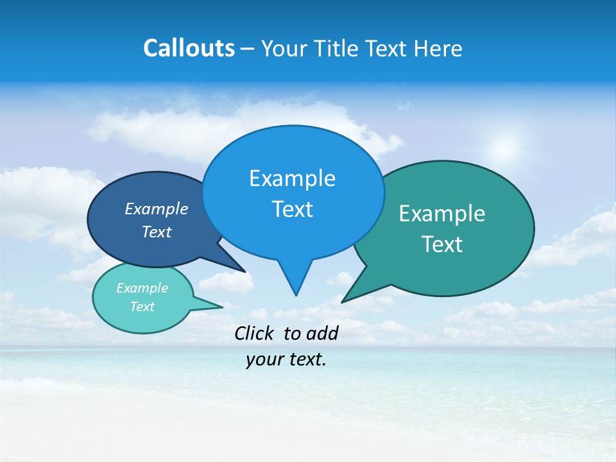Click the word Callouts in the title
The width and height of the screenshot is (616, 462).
(189, 48)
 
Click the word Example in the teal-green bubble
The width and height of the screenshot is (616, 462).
(442, 214)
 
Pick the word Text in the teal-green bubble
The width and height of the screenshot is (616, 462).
(442, 244)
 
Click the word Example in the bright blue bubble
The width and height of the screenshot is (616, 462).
(292, 178)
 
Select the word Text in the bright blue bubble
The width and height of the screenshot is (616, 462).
(292, 209)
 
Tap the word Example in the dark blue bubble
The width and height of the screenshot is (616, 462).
(157, 209)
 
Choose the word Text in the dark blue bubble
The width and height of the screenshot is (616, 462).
(157, 232)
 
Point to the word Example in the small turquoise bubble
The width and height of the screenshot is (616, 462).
(142, 288)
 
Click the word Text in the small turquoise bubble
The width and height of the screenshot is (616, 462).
(142, 307)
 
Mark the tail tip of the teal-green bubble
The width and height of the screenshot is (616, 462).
(343, 301)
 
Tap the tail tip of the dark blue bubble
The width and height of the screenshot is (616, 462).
(245, 271)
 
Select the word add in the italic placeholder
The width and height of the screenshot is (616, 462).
(322, 333)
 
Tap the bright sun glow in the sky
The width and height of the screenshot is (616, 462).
(506, 150)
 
